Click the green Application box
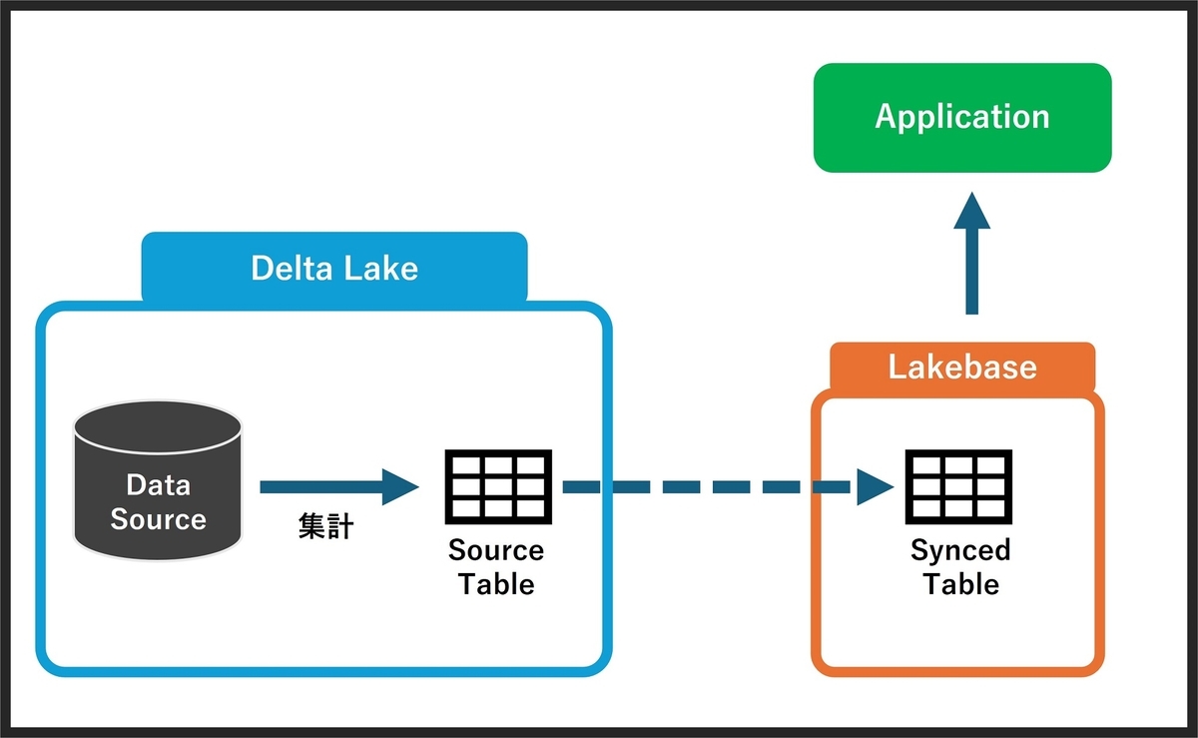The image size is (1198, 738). click(x=962, y=118)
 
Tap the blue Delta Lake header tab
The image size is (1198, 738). click(x=334, y=267)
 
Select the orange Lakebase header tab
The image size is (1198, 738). click(x=962, y=368)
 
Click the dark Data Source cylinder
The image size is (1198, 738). click(x=158, y=480)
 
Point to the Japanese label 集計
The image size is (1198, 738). click(x=325, y=526)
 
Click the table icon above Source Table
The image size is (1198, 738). click(x=498, y=486)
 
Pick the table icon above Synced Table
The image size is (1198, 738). click(x=958, y=486)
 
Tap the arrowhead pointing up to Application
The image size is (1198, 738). click(x=971, y=211)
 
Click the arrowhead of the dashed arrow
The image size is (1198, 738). click(x=876, y=487)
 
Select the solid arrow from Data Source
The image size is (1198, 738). click(x=339, y=487)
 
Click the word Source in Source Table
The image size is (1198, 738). click(x=496, y=550)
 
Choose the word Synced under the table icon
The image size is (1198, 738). click(x=960, y=550)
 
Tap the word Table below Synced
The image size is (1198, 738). click(x=961, y=584)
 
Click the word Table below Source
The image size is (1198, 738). click(x=497, y=584)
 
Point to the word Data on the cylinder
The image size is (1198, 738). click(x=159, y=485)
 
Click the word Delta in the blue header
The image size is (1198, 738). click(x=292, y=268)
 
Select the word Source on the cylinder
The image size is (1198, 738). click(x=159, y=519)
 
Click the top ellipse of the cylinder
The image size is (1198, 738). click(x=158, y=427)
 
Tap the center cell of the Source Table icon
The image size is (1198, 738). click(x=498, y=487)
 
